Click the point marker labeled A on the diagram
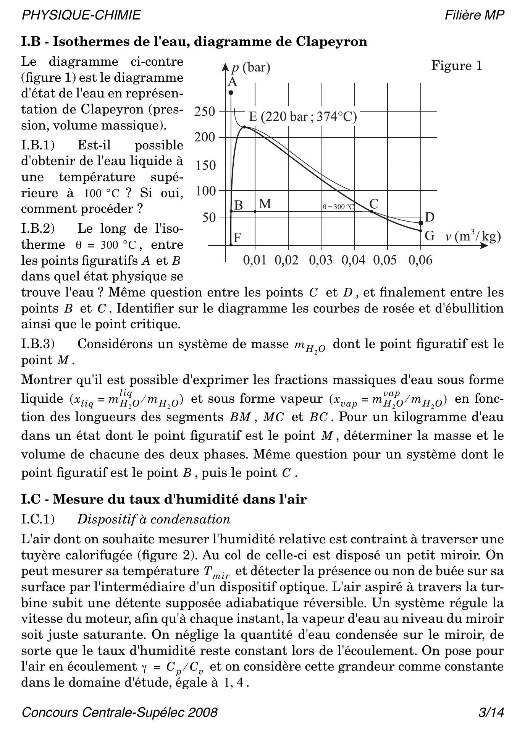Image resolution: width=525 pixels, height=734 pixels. point(231,92)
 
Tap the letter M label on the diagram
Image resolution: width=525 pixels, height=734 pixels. point(265,204)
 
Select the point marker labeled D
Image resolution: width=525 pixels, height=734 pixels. point(421,223)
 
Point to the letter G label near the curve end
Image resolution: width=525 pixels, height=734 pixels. point(430,236)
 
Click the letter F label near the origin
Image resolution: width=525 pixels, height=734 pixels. point(237,238)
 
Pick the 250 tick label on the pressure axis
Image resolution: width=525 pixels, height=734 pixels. point(205,112)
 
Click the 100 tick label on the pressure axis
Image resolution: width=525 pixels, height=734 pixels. point(205,191)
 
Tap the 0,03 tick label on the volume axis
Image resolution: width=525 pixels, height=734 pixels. point(320,261)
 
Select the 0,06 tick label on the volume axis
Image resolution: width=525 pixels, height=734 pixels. point(420,261)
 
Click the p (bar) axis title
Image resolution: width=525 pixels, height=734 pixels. point(251,68)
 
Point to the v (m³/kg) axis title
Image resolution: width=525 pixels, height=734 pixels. point(473,237)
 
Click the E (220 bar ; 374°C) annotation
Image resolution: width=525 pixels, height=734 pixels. point(303,117)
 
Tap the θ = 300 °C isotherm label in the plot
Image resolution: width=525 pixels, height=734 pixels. point(338,207)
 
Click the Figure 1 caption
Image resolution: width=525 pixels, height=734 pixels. point(457,66)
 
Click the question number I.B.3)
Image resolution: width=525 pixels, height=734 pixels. point(38,344)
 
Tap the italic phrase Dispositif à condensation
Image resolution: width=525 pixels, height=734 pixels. point(153,519)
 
